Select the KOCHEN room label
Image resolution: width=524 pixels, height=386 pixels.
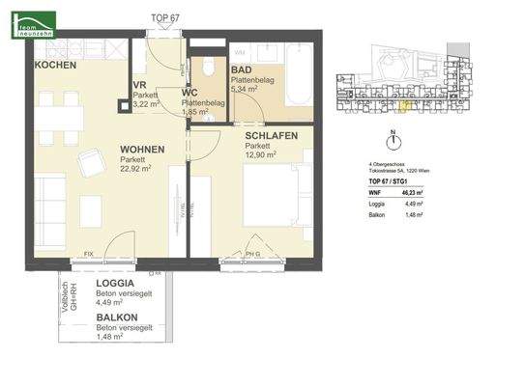tap(55, 65)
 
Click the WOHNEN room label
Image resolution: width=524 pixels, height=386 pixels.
tap(142, 150)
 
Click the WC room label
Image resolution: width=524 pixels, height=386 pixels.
tap(190, 93)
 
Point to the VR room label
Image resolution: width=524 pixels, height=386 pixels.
tap(139, 85)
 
